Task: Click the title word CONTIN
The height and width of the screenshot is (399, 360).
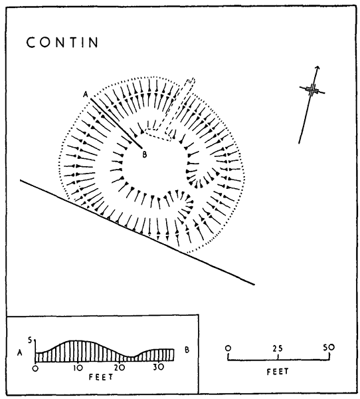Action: click(62, 43)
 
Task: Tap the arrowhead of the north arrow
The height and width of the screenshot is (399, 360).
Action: click(317, 67)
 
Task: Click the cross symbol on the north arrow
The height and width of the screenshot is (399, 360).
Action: click(312, 90)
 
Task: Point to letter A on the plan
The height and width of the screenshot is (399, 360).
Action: click(86, 94)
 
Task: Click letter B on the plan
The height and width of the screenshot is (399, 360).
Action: click(144, 154)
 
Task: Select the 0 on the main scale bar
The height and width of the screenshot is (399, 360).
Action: click(228, 348)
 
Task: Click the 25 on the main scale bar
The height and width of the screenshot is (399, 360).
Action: click(278, 348)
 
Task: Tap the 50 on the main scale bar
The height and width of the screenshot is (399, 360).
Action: click(329, 347)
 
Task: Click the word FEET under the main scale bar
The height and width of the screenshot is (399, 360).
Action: click(278, 372)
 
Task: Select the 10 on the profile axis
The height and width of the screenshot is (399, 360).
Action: click(78, 368)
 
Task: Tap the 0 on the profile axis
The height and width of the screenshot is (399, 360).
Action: click(35, 368)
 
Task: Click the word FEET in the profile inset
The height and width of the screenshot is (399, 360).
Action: click(101, 377)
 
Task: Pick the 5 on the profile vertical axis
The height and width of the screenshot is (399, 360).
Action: click(31, 340)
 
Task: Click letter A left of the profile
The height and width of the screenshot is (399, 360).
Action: click(19, 352)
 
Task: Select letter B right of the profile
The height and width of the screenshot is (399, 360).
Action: click(187, 350)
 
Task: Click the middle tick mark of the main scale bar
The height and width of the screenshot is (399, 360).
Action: click(278, 357)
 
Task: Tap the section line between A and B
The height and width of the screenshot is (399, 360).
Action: click(116, 123)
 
